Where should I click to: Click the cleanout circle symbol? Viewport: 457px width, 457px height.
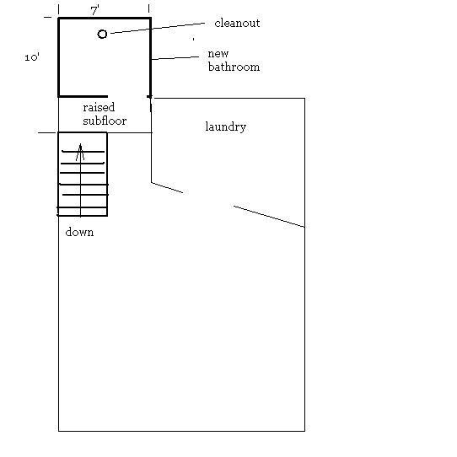coord(102,34)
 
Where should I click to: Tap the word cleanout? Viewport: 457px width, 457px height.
coord(237,24)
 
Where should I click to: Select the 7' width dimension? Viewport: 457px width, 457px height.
coord(95,11)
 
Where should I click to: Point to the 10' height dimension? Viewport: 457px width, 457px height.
coord(32,57)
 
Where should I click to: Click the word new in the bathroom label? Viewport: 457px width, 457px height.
coord(218,54)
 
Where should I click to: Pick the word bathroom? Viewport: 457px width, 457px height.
coord(234,67)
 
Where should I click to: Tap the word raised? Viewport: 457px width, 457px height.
coord(99,107)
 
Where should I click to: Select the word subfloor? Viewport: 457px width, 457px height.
coord(105,121)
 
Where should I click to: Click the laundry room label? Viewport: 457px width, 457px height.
coord(226,126)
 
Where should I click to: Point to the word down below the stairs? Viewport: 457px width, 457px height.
coord(79,232)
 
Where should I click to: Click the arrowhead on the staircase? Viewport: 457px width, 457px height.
coord(80,152)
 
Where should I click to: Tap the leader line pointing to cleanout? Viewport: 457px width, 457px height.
coord(158,28)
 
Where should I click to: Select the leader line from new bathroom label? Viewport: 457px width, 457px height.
coord(175,58)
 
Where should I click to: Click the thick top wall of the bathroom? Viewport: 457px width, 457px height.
coord(105,19)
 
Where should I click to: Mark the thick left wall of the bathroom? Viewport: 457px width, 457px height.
coord(59,57)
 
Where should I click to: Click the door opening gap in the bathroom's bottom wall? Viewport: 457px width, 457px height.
coord(127,96)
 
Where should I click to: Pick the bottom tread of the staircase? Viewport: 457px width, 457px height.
coord(82,207)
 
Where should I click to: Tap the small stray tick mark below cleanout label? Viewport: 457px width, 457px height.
coord(194,39)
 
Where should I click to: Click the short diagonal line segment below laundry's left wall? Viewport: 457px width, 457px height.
coord(167,188)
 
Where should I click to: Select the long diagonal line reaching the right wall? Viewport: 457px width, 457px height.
coord(269,217)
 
